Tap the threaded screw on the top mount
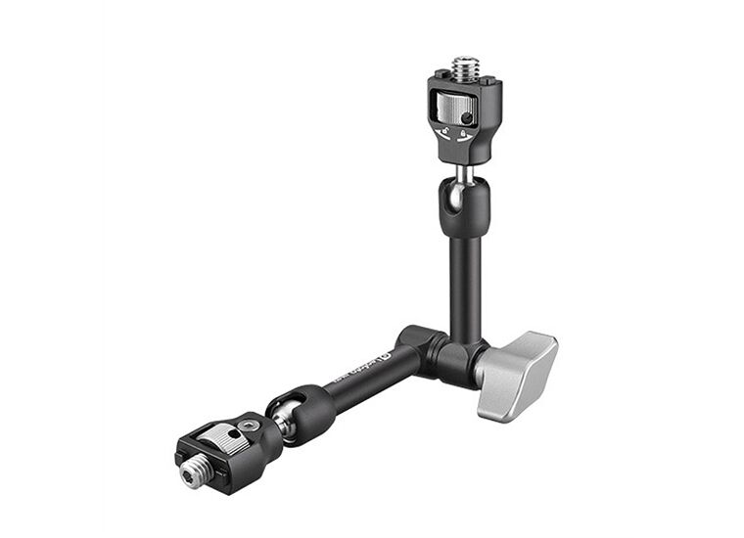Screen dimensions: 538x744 [x=464, y=69]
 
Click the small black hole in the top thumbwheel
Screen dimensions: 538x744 [x=467, y=118]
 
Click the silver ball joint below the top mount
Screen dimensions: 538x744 [x=463, y=174]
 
